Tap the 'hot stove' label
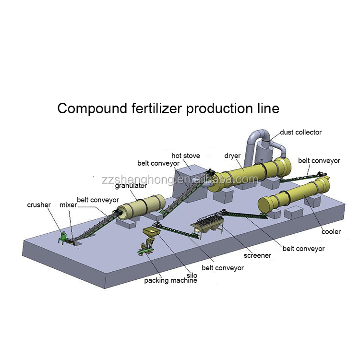186,156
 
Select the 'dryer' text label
232,155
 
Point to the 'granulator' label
131,186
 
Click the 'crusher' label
39,205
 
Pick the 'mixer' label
68,205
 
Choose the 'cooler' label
331,232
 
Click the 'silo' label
192,275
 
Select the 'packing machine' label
170,281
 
